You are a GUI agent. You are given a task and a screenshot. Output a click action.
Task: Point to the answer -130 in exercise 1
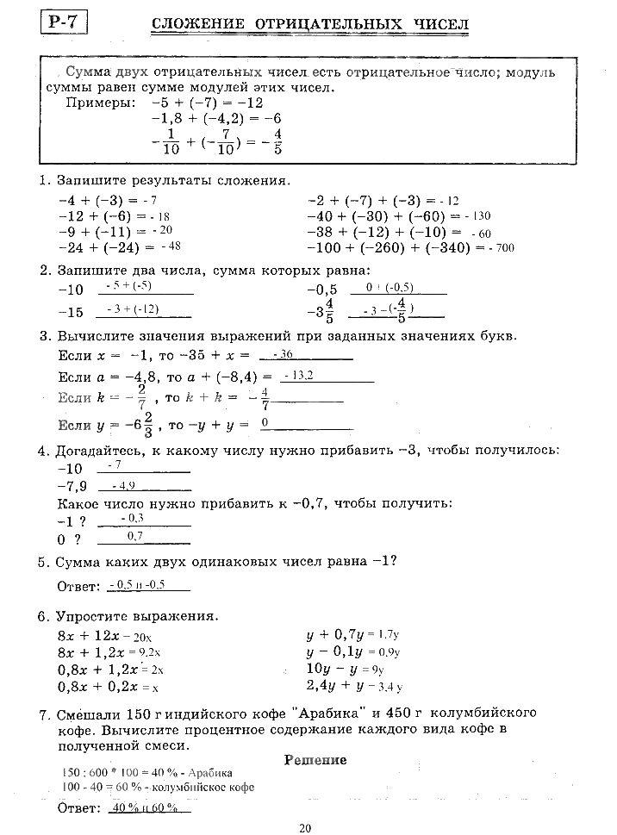476,216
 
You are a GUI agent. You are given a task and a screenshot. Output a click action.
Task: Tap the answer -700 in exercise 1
501,248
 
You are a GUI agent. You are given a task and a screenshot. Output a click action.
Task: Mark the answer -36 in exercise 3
284,354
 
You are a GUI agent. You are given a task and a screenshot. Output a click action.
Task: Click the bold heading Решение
315,760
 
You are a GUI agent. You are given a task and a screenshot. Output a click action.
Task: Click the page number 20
305,828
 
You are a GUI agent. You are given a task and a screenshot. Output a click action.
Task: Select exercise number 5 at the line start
41,562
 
